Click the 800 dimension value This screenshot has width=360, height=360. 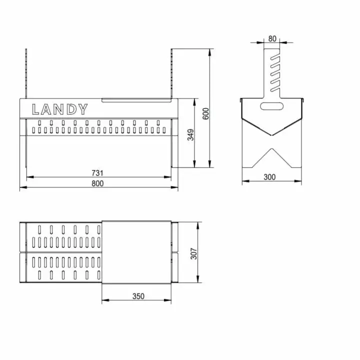pos(97,183)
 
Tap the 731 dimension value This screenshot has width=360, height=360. pos(97,173)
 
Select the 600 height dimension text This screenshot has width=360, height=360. pos(205,113)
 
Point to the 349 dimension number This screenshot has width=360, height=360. pos(190,134)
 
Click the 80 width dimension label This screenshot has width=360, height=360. pos(272,38)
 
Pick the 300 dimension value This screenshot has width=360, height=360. pos(269,177)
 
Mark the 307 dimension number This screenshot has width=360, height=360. pos(194,253)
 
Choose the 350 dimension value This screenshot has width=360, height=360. pos(138,296)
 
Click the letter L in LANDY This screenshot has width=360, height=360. pos(35,109)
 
